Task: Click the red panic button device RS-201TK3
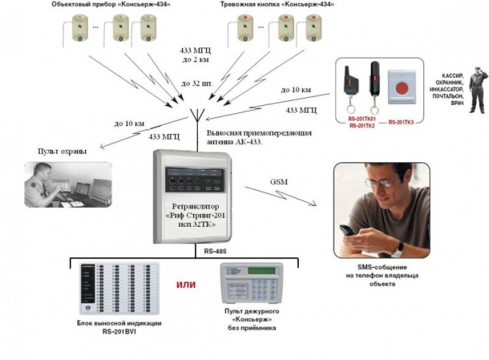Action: (x=400, y=84)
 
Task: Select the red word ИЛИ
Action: (x=187, y=284)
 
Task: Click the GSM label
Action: (x=278, y=181)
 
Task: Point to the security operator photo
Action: (x=68, y=186)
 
